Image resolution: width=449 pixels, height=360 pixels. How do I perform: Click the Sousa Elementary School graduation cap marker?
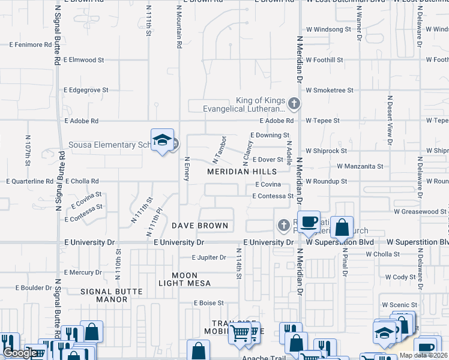tap(162, 140)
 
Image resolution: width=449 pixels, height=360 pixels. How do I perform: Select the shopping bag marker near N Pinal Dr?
tap(342, 228)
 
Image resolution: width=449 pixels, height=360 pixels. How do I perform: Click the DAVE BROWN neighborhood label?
tap(200, 226)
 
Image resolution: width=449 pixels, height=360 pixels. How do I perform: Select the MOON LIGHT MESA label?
tap(184, 278)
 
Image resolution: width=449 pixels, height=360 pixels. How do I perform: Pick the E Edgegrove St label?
tap(86, 90)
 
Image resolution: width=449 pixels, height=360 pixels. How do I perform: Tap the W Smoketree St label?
tap(330, 90)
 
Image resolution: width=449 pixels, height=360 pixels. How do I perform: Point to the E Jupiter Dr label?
tap(209, 257)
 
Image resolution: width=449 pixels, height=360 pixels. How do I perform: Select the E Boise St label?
tap(208, 303)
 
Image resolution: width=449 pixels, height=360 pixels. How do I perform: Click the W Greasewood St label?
tap(420, 212)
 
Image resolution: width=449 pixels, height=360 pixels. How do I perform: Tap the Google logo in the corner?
tap(20, 353)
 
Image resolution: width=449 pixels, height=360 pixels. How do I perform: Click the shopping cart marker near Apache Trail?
tap(241, 332)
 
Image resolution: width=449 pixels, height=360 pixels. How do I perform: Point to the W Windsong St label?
tap(328, 29)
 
